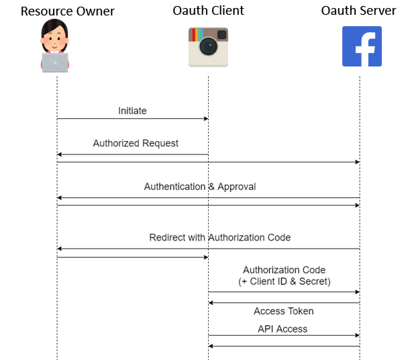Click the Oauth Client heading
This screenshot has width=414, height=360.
208,11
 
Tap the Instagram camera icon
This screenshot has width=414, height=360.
208,47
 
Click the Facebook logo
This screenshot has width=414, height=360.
362,46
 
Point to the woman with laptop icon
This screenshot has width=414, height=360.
55,46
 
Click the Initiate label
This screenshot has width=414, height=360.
132,111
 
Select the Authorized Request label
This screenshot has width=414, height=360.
136,143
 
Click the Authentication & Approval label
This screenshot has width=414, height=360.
200,186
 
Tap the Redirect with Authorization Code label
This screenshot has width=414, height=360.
219,237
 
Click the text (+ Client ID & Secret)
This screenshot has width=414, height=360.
284,281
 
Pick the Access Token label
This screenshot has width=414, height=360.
283,311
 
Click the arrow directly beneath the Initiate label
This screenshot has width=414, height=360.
132,119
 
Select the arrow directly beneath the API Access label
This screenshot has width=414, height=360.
284,335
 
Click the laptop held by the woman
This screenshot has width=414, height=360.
55,62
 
